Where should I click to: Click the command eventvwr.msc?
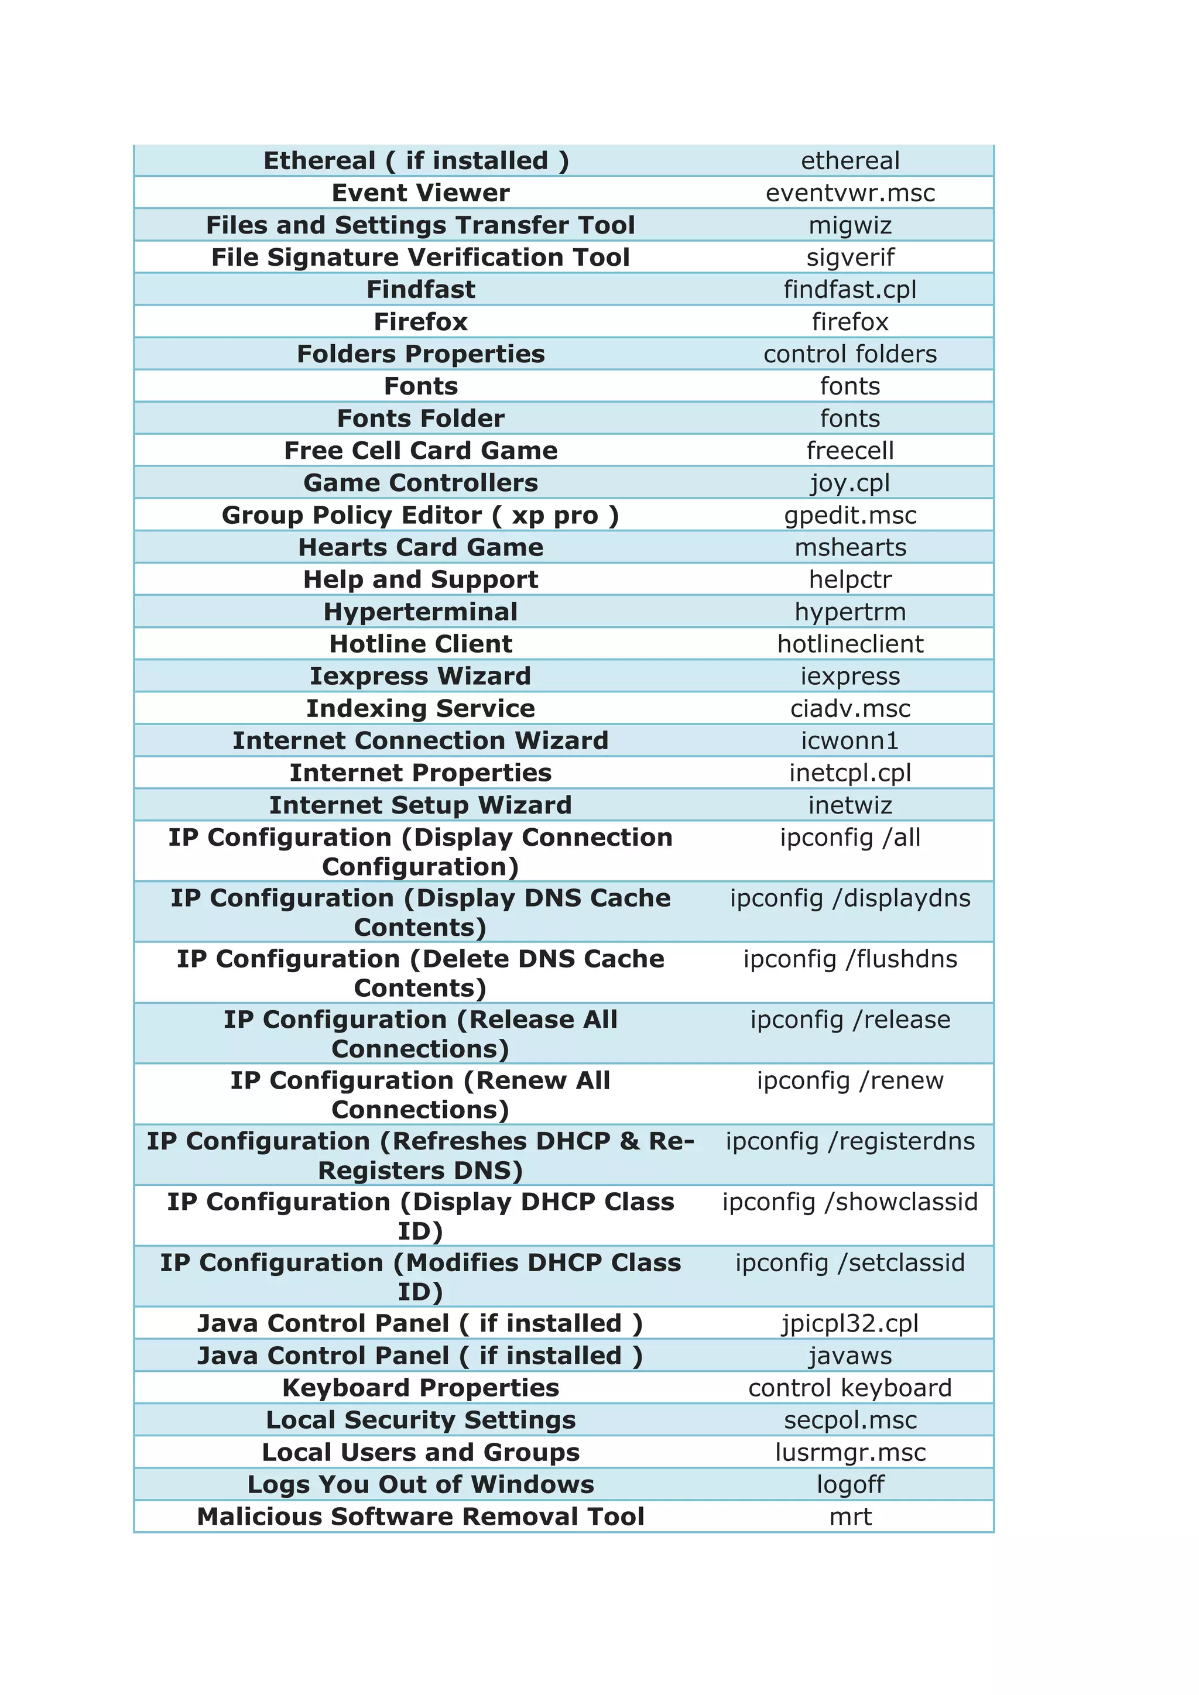[850, 193]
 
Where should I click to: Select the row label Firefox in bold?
[420, 322]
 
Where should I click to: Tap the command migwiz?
[850, 225]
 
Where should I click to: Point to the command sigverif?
[850, 258]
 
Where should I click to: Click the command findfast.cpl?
[850, 289]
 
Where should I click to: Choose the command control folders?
[850, 354]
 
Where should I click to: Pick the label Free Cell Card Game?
[420, 450]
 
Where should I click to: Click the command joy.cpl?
[850, 483]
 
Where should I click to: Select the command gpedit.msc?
[850, 515]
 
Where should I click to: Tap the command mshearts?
[850, 547]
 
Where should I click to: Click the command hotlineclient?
[850, 644]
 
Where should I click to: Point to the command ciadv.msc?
[850, 709]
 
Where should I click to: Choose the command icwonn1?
[850, 740]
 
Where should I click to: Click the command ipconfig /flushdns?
[850, 959]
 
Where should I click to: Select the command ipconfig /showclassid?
[850, 1202]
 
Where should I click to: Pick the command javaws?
[850, 1356]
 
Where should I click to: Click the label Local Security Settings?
[420, 1420]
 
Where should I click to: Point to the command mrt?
[850, 1517]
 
